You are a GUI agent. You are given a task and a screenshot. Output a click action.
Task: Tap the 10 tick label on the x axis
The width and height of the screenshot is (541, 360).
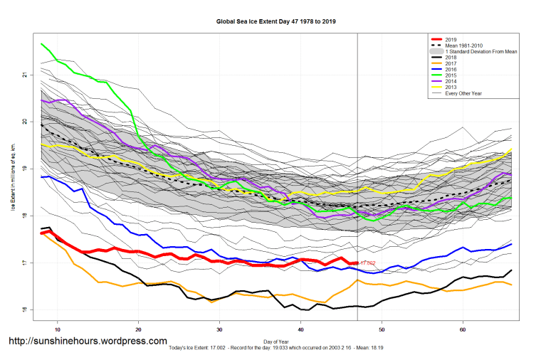point(58,330)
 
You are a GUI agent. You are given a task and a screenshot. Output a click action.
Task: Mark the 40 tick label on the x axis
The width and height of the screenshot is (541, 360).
point(301,330)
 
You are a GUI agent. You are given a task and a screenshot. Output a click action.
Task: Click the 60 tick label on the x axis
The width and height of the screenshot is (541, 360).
point(463,330)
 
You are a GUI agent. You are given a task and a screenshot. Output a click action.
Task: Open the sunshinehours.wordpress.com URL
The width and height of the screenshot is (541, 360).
point(88,342)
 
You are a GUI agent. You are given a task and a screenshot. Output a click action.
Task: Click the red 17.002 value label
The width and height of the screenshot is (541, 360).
point(367,263)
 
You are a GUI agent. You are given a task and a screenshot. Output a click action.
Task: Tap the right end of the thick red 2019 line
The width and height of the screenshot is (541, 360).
point(356,263)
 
